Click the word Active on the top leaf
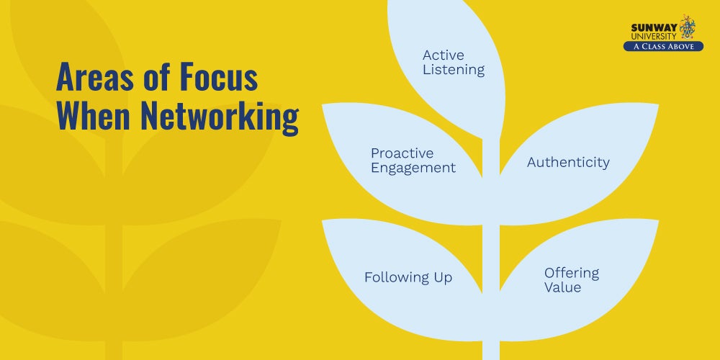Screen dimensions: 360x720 click(444, 55)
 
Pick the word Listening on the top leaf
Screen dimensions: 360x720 click(454, 71)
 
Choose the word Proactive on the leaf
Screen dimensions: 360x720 click(402, 153)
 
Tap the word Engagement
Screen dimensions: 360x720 click(413, 168)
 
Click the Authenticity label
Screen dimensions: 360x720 click(568, 163)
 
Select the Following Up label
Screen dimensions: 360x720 click(408, 278)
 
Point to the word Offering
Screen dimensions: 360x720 click(572, 273)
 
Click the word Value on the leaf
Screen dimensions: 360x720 click(562, 287)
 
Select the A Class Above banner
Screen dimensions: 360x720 click(663, 46)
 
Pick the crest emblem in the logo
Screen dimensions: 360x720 click(688, 27)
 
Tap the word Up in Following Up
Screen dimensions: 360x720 click(442, 278)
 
